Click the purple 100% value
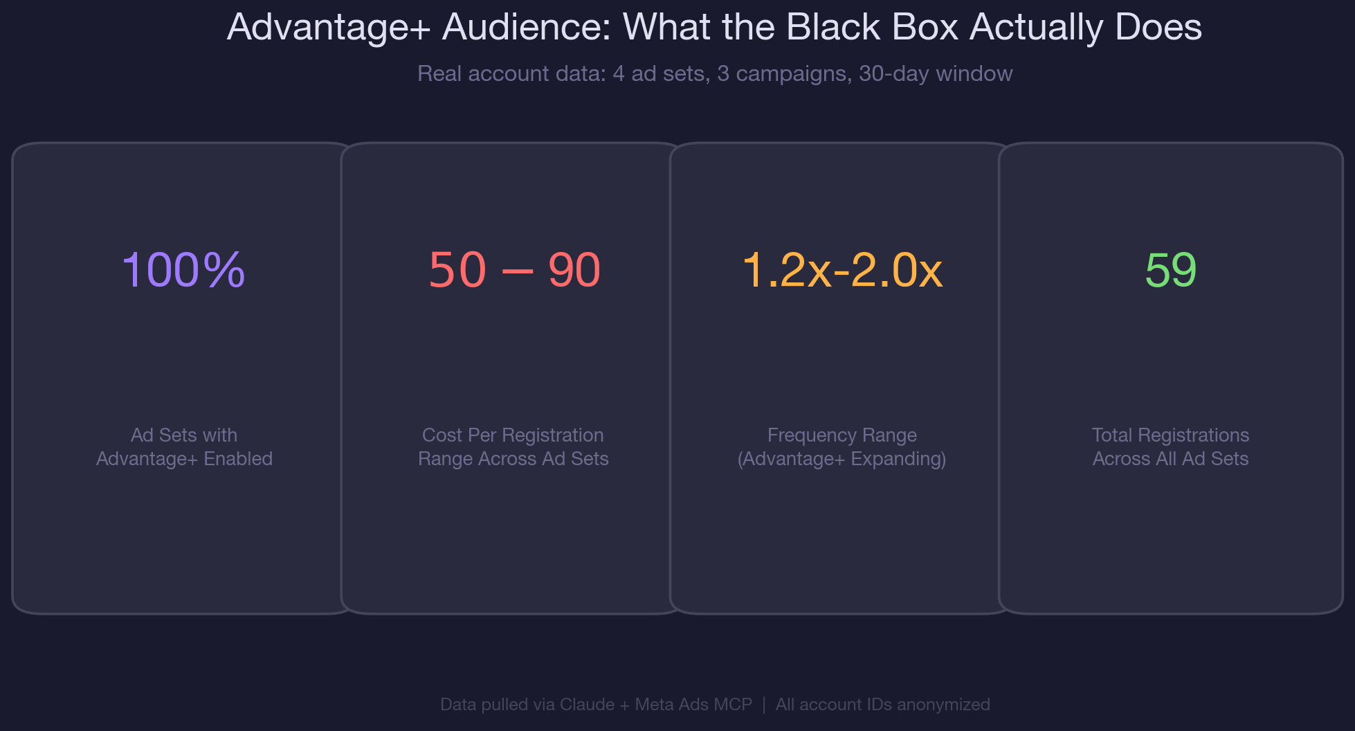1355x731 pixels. pyautogui.click(x=183, y=270)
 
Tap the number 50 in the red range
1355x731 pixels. pyautogui.click(x=457, y=270)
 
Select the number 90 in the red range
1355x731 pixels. pyautogui.click(x=574, y=270)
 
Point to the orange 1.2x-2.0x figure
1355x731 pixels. pyautogui.click(x=842, y=270)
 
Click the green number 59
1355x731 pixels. pyautogui.click(x=1170, y=270)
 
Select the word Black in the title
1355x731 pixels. pyautogui.click(x=834, y=28)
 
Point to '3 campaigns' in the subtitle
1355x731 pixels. pyautogui.click(x=782, y=73)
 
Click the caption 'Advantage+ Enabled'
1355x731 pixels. pyautogui.click(x=184, y=459)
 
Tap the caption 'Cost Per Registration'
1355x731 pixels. pyautogui.click(x=513, y=435)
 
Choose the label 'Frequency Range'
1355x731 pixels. pyautogui.click(x=842, y=435)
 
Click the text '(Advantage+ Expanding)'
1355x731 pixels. pyautogui.click(x=842, y=459)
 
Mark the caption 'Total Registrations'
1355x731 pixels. pyautogui.click(x=1170, y=435)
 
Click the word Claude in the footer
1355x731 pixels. pyautogui.click(x=587, y=705)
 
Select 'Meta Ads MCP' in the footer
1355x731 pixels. pyautogui.click(x=693, y=705)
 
